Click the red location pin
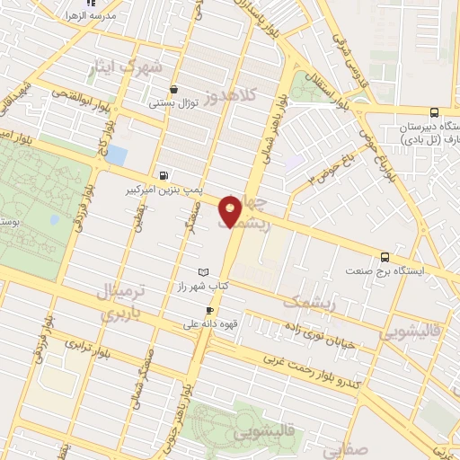[x=231, y=210]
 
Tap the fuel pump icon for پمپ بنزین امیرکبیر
[x=163, y=176]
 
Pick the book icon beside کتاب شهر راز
[x=202, y=272]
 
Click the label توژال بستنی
[x=172, y=103]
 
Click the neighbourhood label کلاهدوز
[x=228, y=93]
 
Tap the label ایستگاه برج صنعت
[x=387, y=270]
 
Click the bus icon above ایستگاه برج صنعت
[x=385, y=257]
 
